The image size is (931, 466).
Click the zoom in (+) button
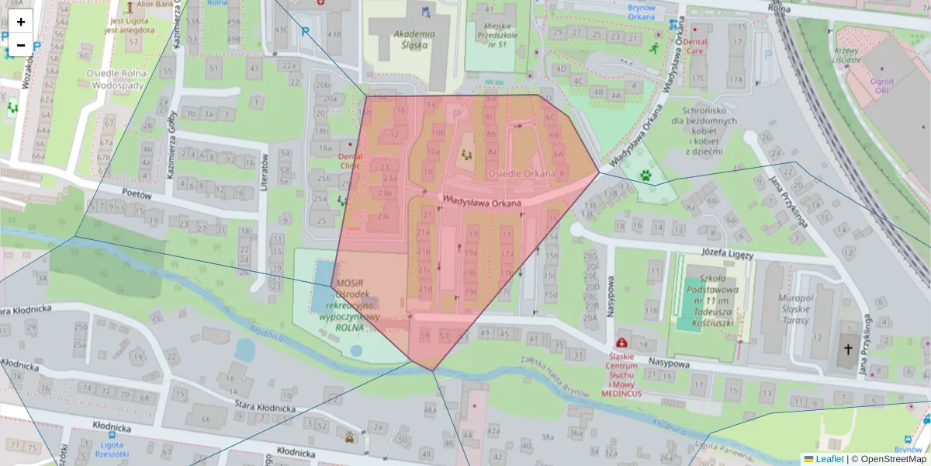point(21,22)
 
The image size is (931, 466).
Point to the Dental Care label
point(695,47)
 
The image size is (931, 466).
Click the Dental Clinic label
point(350,160)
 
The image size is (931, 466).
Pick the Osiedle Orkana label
point(521,173)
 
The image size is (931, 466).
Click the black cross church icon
point(846,350)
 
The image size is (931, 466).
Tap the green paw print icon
point(645,176)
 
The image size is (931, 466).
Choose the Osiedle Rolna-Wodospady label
point(114,80)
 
